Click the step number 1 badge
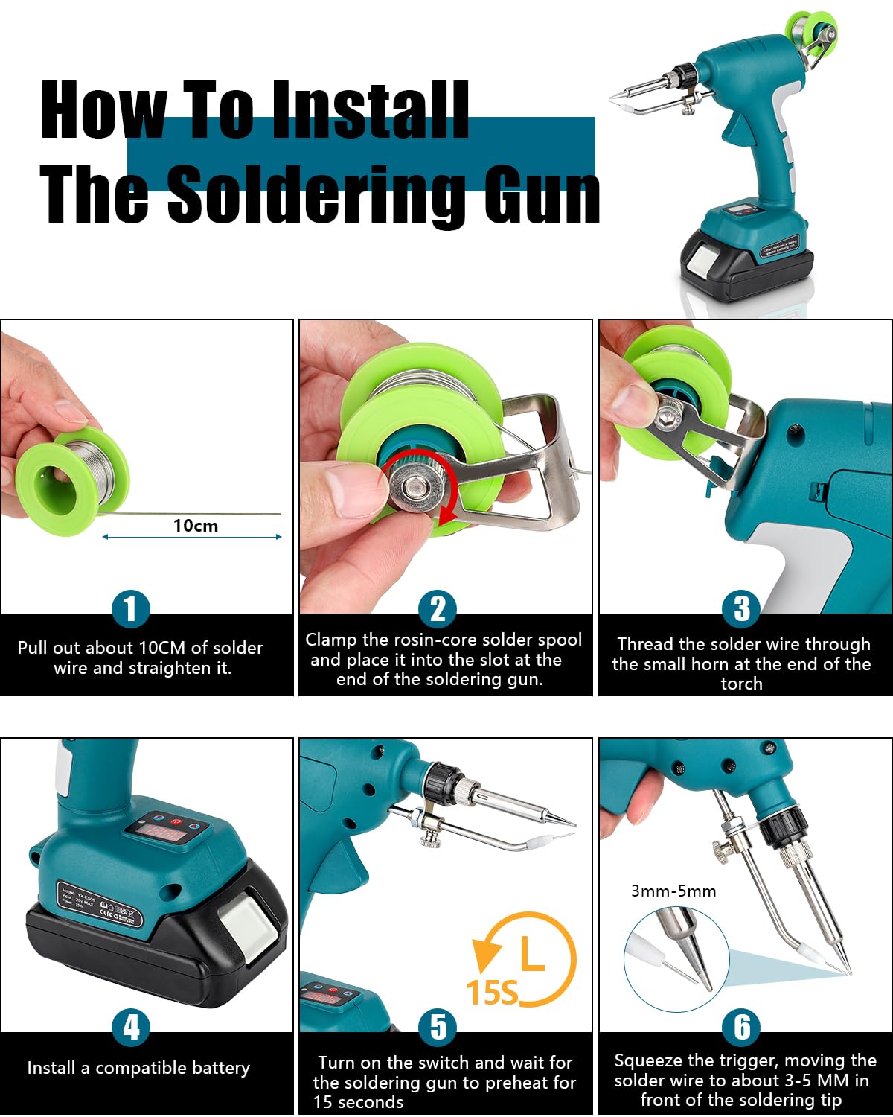click(x=131, y=608)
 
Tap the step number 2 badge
click(x=438, y=608)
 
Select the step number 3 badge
click(x=741, y=608)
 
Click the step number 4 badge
click(x=131, y=1028)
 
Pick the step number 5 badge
click(x=438, y=1028)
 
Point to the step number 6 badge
click(x=741, y=1028)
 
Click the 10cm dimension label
click(x=196, y=526)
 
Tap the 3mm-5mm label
click(x=673, y=891)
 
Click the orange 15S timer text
click(x=492, y=993)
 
